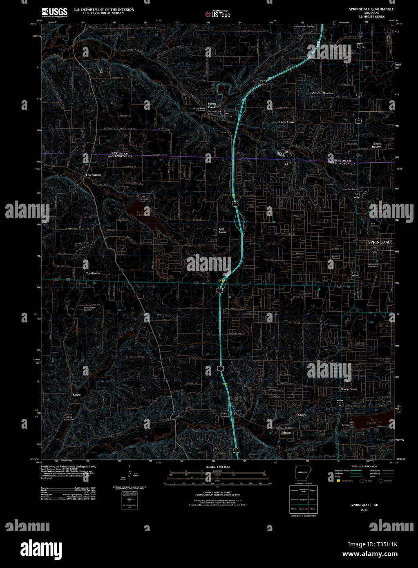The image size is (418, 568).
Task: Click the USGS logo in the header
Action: click(x=54, y=12)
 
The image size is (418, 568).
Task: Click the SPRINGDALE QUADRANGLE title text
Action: click(x=371, y=9)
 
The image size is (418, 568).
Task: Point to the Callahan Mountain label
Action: click(x=323, y=93)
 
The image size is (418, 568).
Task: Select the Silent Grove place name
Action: click(x=287, y=122)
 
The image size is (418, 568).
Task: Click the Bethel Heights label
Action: click(x=377, y=145)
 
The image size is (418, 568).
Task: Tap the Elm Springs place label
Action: click(x=93, y=175)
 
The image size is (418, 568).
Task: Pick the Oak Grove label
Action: click(x=222, y=230)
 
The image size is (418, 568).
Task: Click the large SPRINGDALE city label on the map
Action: click(x=380, y=242)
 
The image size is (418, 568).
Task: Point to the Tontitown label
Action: click(x=93, y=273)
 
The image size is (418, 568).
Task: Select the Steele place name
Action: click(x=77, y=395)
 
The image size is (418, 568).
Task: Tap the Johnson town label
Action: click(x=286, y=432)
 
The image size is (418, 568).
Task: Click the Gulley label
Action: click(x=302, y=415)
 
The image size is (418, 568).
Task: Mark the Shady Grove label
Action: click(x=349, y=389)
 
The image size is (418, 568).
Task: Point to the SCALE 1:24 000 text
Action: click(x=218, y=467)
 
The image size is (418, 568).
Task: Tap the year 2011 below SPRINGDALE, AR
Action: click(x=364, y=510)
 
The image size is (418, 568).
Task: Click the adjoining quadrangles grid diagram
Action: click(x=303, y=499)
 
